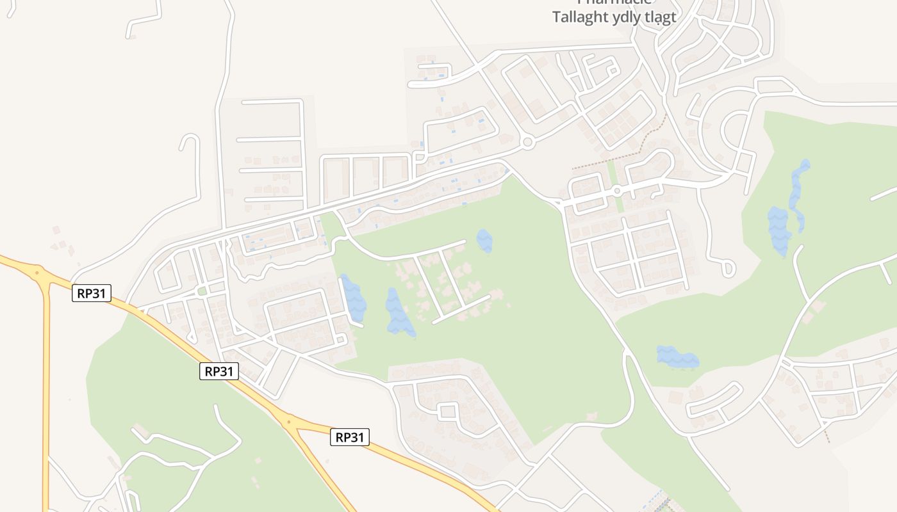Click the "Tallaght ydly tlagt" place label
coord(614,17)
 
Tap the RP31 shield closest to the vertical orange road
coord(92,294)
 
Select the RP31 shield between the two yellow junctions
coord(219,371)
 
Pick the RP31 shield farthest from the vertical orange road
coord(350,438)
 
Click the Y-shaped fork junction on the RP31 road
coord(290,422)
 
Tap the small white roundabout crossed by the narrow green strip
coord(616,191)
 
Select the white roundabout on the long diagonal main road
coord(527,143)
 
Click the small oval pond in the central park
coord(484,240)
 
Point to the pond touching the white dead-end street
coord(353,298)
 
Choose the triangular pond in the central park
coord(398,312)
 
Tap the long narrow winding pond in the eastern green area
coord(798,192)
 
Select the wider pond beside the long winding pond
coord(779,229)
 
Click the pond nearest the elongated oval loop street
coord(677,358)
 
